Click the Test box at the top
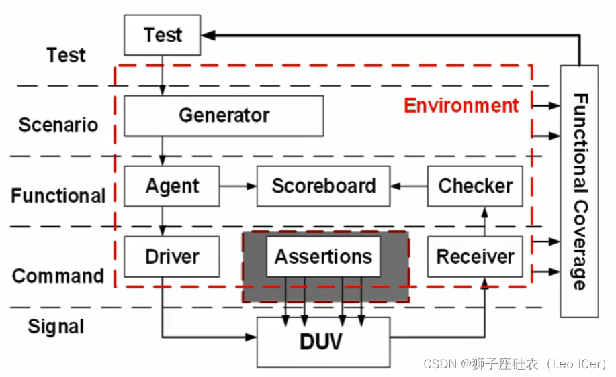163,35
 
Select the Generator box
224,115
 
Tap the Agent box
172,186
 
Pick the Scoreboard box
323,186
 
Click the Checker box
475,186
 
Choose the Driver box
172,256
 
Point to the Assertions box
323,256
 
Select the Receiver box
475,256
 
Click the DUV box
323,341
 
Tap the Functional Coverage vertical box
579,191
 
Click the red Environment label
461,106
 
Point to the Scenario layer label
58,125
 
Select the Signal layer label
56,327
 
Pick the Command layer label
58,276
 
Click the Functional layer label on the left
58,196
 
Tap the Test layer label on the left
66,55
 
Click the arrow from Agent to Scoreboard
238,186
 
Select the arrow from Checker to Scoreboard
408,186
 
